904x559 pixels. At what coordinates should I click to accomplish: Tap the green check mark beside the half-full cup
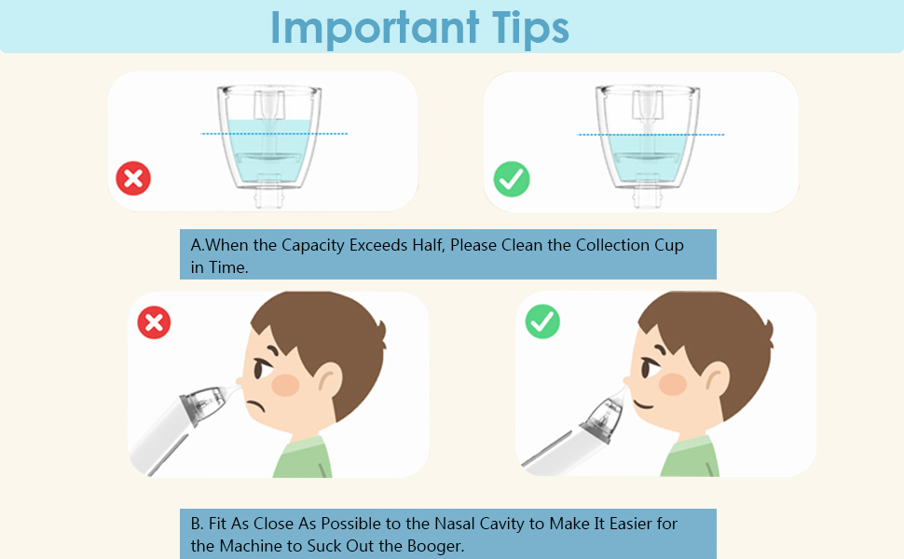(512, 179)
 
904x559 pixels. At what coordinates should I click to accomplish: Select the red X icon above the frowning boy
(155, 323)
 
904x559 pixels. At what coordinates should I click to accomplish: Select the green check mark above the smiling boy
(542, 322)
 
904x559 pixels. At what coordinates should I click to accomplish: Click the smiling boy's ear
(717, 377)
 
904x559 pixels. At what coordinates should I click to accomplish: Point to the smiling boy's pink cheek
(673, 383)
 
